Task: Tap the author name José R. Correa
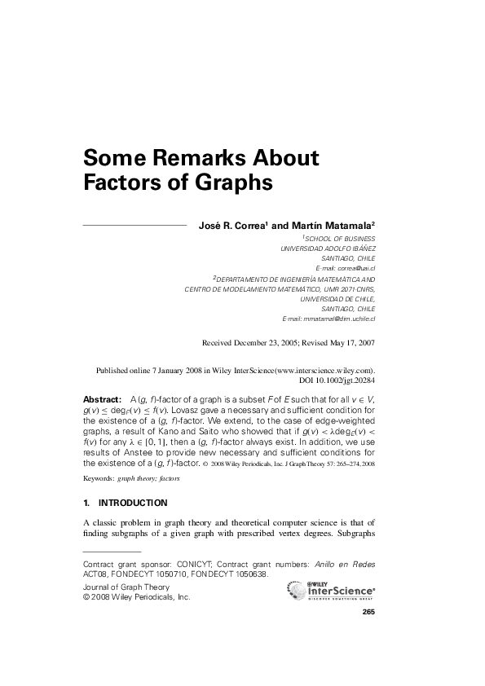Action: [231, 225]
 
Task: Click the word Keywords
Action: [99, 478]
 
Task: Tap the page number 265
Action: [368, 612]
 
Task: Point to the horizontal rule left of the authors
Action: [135, 223]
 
